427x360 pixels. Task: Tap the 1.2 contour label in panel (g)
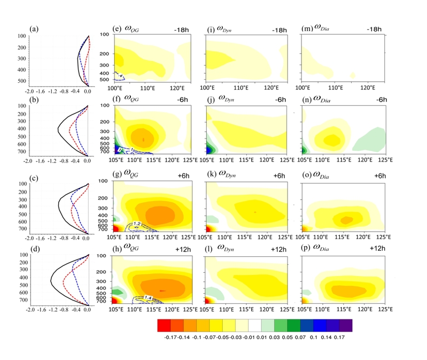pyautogui.click(x=137, y=224)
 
